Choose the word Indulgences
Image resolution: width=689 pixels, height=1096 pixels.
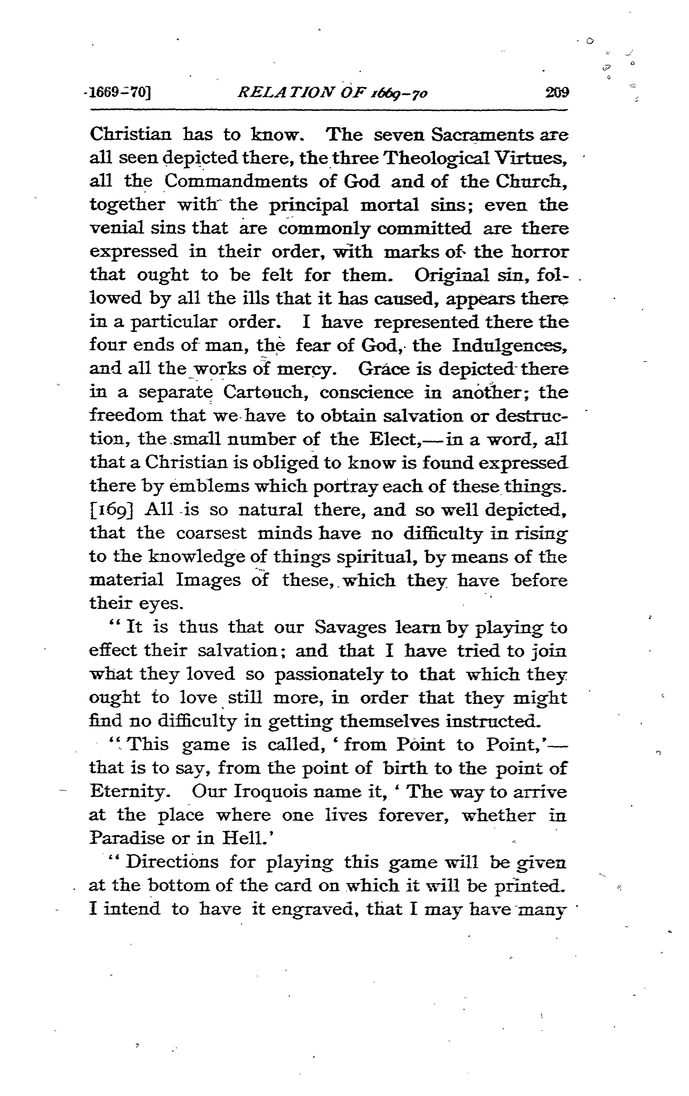(x=510, y=346)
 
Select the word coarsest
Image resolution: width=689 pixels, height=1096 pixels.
(x=212, y=533)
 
